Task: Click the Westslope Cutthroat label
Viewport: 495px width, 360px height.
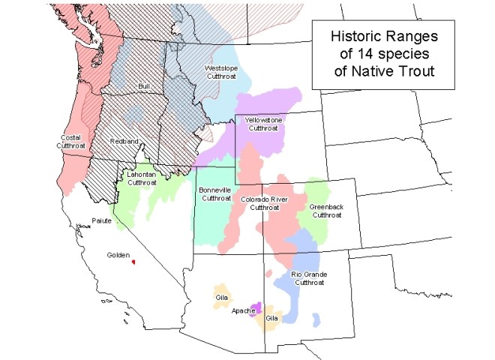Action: tap(223, 73)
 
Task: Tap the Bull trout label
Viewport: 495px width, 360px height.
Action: tap(145, 87)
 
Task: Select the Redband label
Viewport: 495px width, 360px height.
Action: tap(123, 141)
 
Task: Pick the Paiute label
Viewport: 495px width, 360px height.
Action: tap(101, 221)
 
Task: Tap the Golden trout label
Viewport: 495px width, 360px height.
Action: tap(118, 255)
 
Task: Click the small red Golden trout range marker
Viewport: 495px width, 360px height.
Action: tap(133, 262)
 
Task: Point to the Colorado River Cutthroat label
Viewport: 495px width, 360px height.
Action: tap(265, 203)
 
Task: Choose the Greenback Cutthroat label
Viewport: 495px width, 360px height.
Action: tap(325, 211)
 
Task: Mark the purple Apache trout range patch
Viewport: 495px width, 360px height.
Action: tap(256, 308)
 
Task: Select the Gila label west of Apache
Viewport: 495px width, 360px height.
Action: tap(222, 297)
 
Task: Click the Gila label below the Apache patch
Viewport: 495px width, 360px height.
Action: tap(271, 318)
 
